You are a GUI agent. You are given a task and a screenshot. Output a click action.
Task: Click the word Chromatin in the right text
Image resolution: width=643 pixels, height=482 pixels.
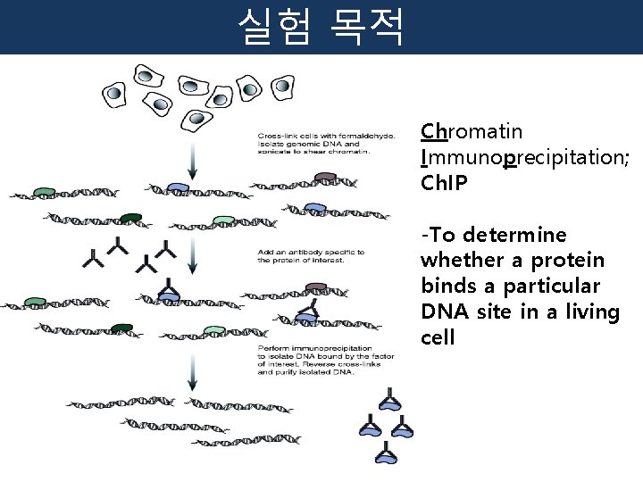472,132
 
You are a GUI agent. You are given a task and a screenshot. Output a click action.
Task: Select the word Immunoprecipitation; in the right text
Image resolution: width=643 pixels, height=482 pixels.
524,159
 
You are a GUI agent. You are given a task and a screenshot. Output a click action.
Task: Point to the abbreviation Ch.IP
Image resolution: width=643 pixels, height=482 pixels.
447,184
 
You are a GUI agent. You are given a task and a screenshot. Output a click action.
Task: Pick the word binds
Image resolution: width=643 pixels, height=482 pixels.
447,287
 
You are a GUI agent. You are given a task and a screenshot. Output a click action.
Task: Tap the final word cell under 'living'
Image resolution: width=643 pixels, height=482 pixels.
438,338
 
